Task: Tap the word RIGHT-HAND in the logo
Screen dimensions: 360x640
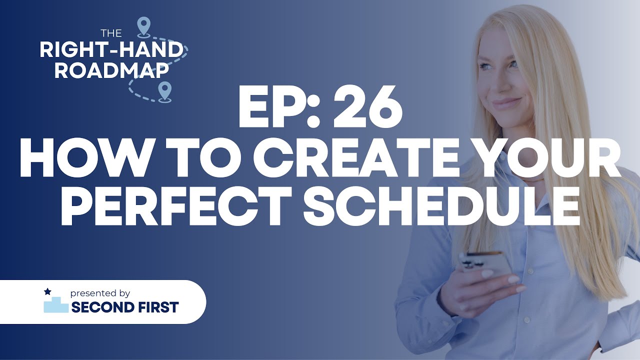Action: (111, 50)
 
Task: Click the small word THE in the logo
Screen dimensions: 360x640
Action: (111, 33)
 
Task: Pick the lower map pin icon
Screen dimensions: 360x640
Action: (164, 91)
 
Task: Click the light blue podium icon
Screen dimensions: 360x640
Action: (55, 304)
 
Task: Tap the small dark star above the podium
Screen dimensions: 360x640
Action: (47, 291)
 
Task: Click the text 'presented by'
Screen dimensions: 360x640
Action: (100, 293)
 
